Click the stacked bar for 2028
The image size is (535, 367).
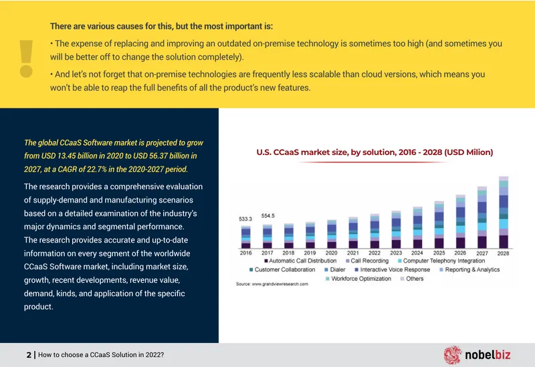[x=504, y=212]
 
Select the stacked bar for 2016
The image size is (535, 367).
[x=245, y=237]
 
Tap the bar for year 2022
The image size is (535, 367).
[x=374, y=231]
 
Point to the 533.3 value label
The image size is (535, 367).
[x=245, y=219]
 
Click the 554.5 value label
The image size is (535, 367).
[x=268, y=215]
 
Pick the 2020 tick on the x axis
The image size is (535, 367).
[x=331, y=253]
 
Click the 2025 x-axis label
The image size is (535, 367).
[x=439, y=253]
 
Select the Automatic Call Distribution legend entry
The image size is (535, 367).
[x=300, y=261]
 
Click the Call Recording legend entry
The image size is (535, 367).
[x=367, y=261]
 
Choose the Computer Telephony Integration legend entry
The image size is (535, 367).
[x=441, y=261]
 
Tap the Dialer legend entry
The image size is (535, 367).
[x=335, y=269]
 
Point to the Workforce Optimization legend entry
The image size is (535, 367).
[x=358, y=278]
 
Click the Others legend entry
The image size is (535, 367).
[x=412, y=278]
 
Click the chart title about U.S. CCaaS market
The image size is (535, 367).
[x=374, y=152]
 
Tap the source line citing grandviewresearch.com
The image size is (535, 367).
[x=272, y=284]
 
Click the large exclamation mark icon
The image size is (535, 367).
[x=26, y=59]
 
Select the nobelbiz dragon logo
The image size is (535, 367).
[x=453, y=355]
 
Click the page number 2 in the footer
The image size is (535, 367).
[x=29, y=355]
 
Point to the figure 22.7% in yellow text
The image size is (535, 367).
[x=97, y=169]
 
